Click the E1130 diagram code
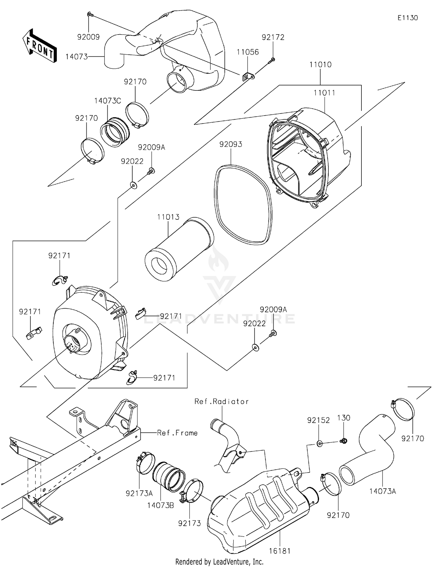407,18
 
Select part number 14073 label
76,57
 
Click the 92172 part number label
273,37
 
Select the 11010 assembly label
320,65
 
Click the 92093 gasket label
231,144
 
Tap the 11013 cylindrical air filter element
179,249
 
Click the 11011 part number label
324,93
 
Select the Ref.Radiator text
222,401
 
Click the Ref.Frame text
177,433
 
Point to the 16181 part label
279,551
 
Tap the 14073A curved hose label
383,491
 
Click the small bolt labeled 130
344,441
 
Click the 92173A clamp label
139,493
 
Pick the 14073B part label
160,505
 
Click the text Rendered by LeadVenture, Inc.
219,561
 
